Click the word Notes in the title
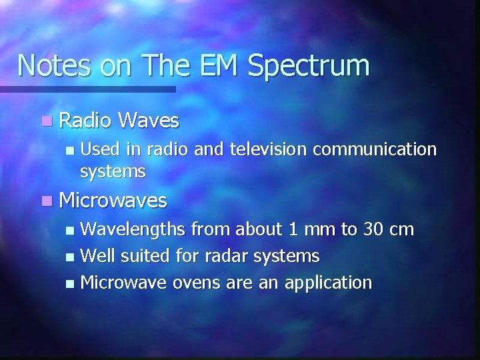pos(54,65)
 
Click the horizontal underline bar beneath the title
pos(87,89)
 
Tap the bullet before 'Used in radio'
pos(70,151)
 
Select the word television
pos(268,150)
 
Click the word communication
pos(375,150)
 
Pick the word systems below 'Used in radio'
pos(113,172)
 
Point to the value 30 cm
pos(389,230)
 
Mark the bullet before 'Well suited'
pos(71,257)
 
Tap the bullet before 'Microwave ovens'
pos(71,283)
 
